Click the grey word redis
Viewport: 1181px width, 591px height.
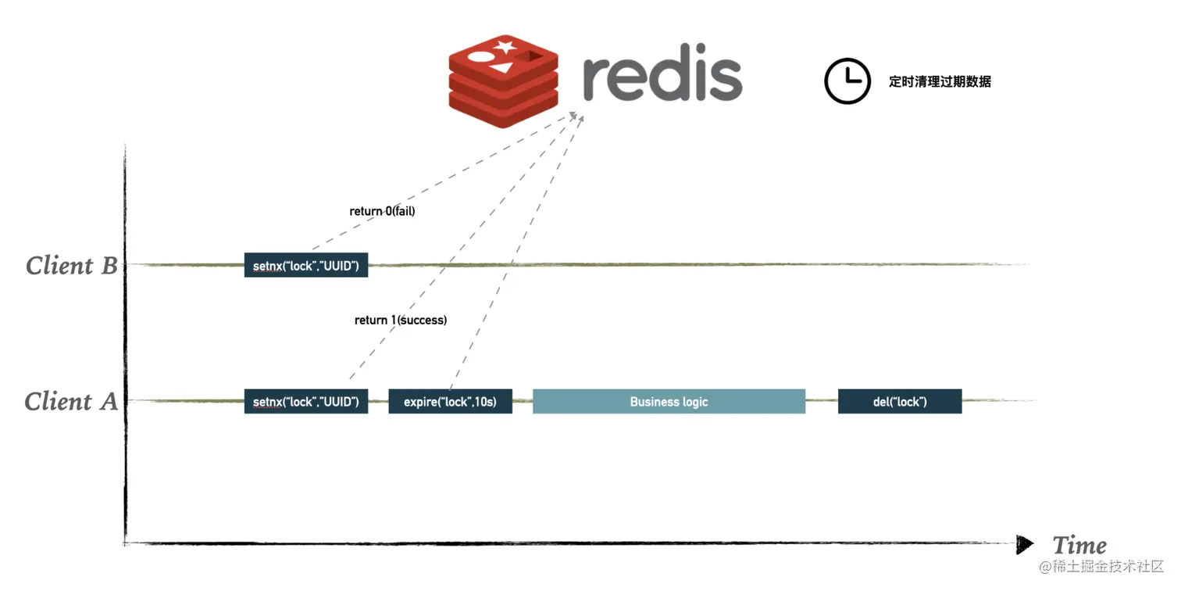662,77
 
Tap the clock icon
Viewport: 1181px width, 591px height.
847,81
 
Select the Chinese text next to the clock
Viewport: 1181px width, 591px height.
940,81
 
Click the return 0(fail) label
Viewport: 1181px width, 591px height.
382,211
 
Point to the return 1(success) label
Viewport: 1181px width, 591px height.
401,320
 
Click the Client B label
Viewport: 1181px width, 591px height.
71,266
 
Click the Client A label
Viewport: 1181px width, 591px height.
70,402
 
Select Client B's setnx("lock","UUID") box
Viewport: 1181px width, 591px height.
305,266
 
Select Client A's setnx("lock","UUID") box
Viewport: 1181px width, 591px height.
305,402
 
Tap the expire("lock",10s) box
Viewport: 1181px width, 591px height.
450,402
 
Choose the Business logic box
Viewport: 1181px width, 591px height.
669,402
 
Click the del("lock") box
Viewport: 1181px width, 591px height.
900,402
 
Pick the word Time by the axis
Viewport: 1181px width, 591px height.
1079,545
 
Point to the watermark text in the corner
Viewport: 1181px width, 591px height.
1101,566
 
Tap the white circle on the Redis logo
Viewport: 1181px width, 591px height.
480,58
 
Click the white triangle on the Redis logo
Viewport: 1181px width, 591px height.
504,69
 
